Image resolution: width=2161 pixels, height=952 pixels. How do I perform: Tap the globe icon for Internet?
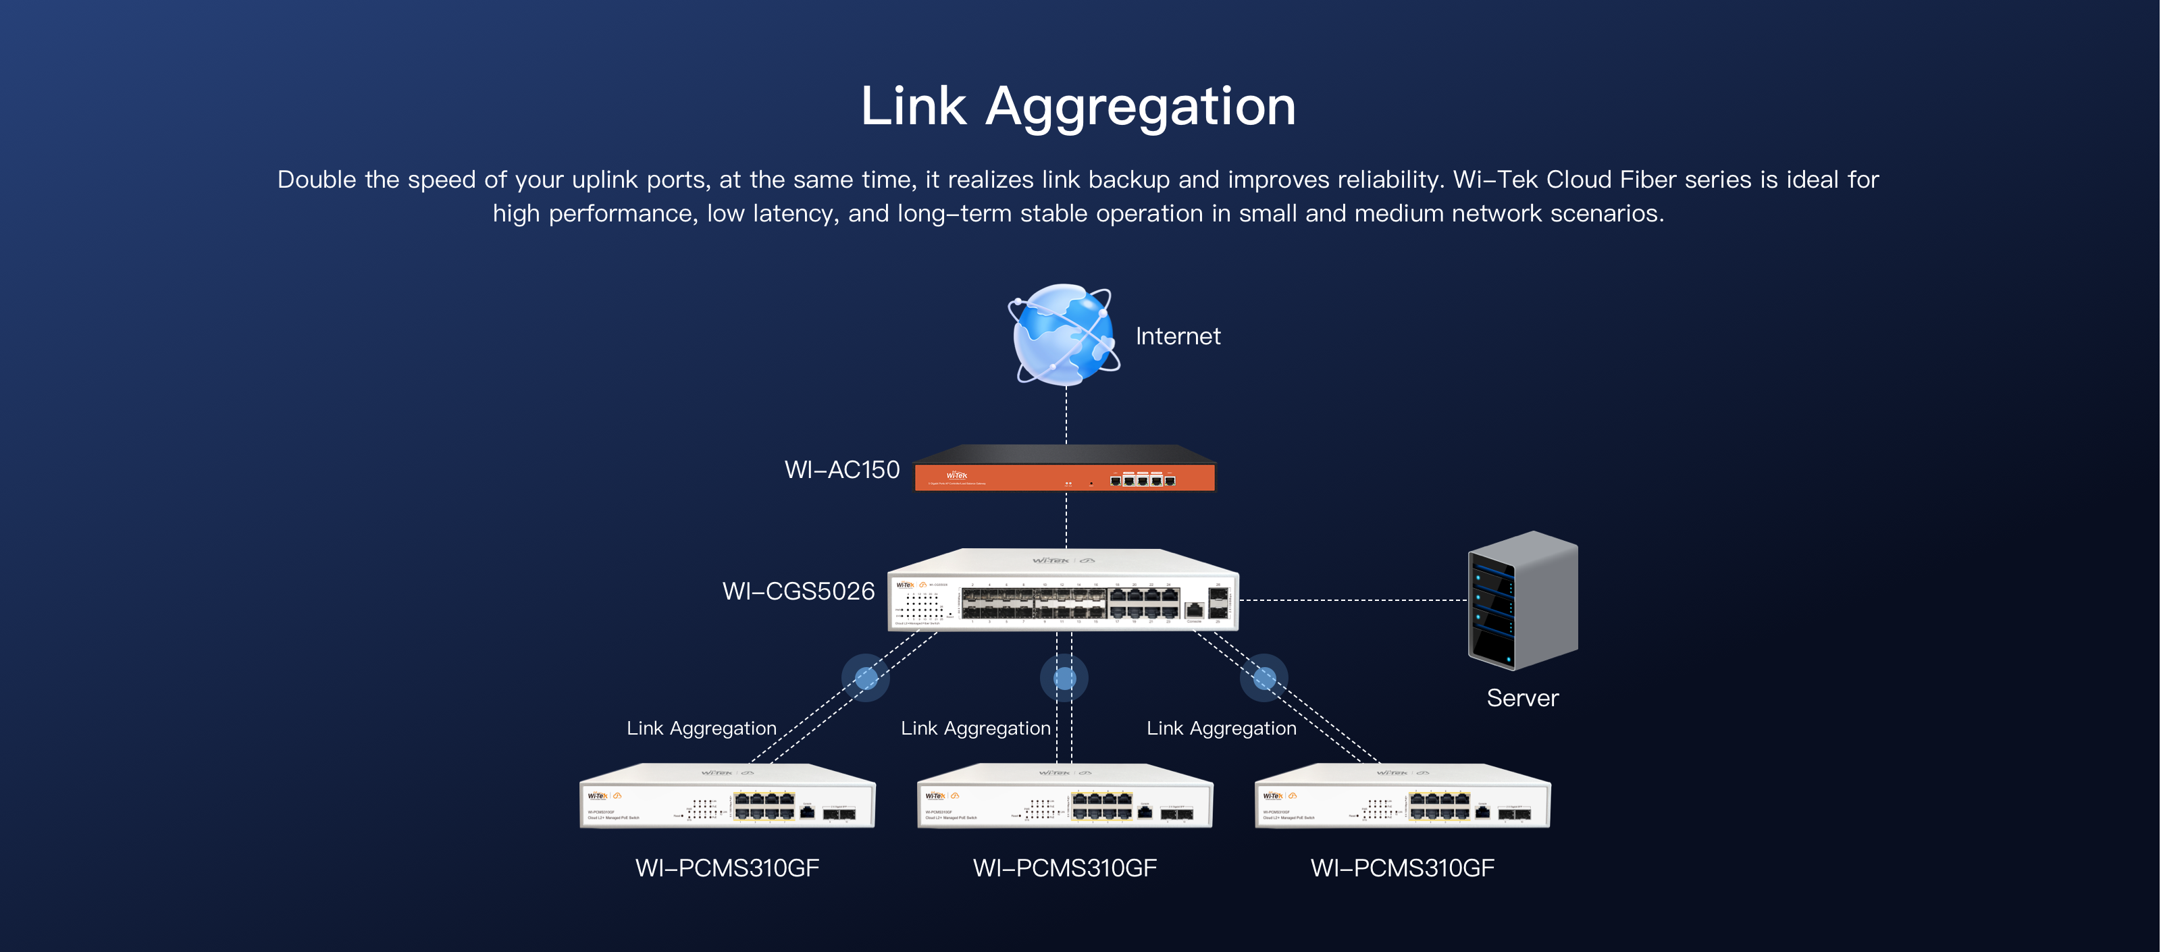click(x=1063, y=334)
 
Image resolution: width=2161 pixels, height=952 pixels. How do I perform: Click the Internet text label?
click(x=1178, y=336)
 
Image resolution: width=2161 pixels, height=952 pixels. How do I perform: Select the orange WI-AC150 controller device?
click(x=1064, y=471)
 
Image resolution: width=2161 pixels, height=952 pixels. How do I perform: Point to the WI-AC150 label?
click(x=841, y=470)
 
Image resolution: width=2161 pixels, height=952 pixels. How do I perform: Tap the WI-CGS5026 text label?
click(x=798, y=591)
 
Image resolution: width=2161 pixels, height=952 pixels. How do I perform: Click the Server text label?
click(x=1521, y=698)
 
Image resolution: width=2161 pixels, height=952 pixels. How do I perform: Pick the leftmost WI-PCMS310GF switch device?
click(x=727, y=797)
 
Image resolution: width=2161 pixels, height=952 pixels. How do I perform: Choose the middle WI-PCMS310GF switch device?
click(x=1064, y=797)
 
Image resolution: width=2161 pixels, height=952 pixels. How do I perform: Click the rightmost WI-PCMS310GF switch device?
click(x=1402, y=797)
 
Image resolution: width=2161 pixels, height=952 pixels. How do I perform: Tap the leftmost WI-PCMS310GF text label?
click(x=727, y=868)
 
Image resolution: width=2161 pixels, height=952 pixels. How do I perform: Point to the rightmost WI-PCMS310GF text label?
click(x=1402, y=868)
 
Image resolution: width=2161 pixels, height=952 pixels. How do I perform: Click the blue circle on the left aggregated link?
click(x=866, y=677)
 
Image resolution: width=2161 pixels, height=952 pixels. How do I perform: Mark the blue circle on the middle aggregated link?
click(x=1064, y=677)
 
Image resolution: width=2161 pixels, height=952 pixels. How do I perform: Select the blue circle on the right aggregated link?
click(x=1264, y=677)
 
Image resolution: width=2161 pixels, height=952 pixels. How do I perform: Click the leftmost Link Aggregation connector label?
click(x=702, y=728)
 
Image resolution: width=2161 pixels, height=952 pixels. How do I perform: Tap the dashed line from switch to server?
click(x=1352, y=600)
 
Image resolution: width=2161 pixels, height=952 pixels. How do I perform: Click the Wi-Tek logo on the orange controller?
click(x=956, y=475)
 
